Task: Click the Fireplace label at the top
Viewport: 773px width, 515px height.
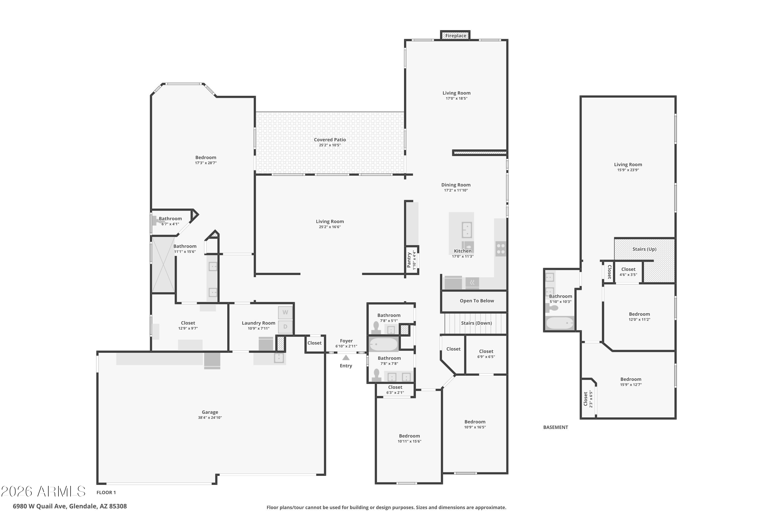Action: click(x=456, y=36)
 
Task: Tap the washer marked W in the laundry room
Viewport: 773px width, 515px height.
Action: click(x=285, y=312)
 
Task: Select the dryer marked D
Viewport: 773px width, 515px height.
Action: click(x=285, y=327)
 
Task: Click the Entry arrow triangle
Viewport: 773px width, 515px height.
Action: click(x=346, y=358)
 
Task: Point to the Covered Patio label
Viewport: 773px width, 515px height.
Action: click(x=330, y=140)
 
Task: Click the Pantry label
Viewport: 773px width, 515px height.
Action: click(x=409, y=260)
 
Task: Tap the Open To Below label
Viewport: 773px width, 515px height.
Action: click(x=476, y=301)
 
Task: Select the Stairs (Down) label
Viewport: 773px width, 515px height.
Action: click(x=476, y=323)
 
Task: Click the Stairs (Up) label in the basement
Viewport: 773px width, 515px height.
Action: click(x=644, y=249)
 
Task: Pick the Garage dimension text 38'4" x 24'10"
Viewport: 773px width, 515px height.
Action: click(x=210, y=418)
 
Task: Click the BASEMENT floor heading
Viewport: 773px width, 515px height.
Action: click(x=556, y=427)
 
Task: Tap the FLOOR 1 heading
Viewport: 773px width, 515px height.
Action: click(x=106, y=492)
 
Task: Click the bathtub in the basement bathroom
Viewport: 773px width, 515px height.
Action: click(x=560, y=323)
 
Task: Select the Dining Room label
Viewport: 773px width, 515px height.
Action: click(x=456, y=185)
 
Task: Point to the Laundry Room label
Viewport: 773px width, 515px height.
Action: click(x=258, y=323)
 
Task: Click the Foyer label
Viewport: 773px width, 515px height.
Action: click(x=346, y=341)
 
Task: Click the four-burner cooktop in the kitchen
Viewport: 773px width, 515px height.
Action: click(x=501, y=249)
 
